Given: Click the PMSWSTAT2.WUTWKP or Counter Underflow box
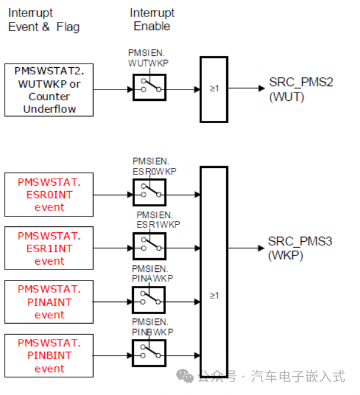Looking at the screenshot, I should [x=49, y=90].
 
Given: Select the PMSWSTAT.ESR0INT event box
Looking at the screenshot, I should [x=49, y=195].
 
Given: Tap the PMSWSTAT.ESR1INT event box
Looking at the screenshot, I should [x=49, y=248].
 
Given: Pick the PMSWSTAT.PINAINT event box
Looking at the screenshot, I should [x=49, y=302].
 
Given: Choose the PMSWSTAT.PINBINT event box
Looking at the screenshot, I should [x=49, y=355].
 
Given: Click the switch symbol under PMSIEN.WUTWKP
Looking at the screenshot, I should [x=149, y=90].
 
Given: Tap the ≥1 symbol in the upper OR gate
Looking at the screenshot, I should [x=213, y=89].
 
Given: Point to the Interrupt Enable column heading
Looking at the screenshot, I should [x=151, y=19].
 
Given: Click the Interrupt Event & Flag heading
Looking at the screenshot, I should [x=44, y=19].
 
